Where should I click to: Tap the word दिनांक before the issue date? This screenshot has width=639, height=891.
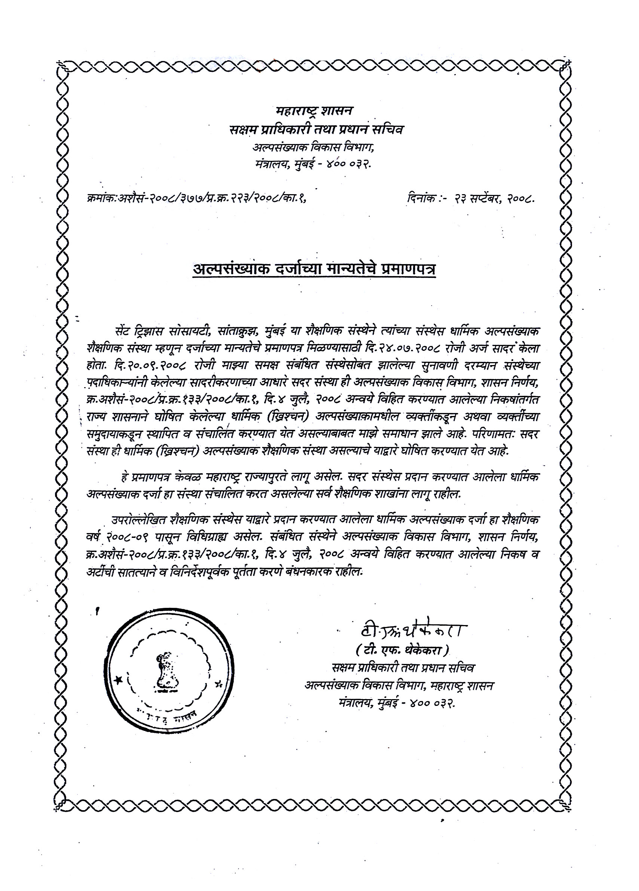click(421, 199)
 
